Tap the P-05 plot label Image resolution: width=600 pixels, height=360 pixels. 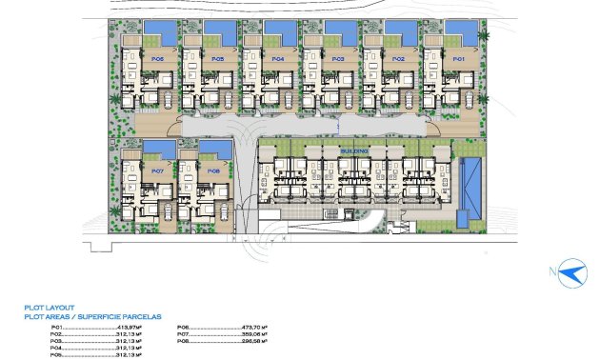[x=218, y=59]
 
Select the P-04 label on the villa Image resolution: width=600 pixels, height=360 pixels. [x=278, y=59]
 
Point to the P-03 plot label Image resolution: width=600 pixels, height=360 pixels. [x=338, y=59]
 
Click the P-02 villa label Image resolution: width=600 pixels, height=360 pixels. [x=398, y=59]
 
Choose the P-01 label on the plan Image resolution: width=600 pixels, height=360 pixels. [x=458, y=59]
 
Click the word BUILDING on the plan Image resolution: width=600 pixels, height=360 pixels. [x=356, y=150]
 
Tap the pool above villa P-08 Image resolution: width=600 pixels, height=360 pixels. [x=215, y=150]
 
